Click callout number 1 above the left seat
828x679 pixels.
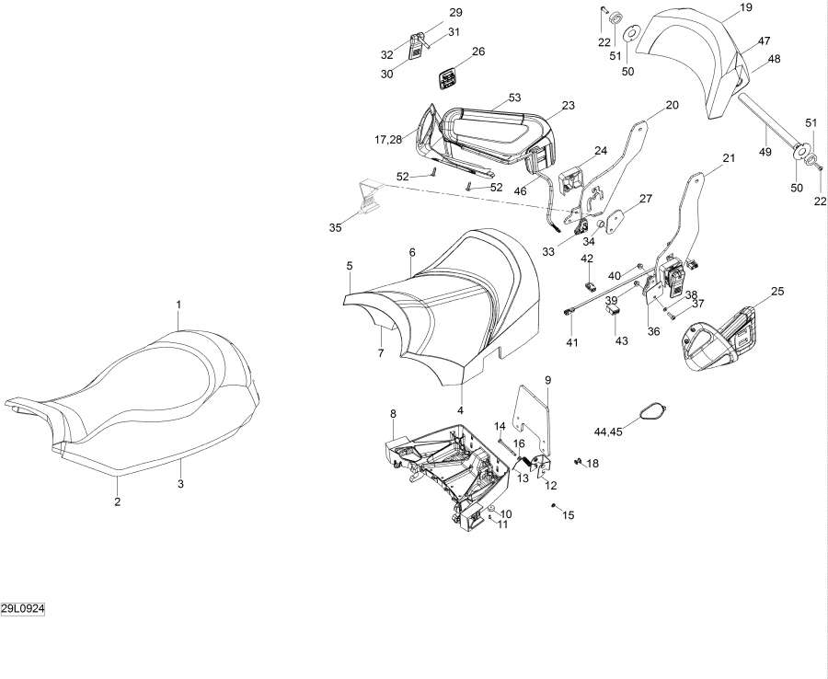click(178, 304)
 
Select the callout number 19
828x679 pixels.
click(745, 7)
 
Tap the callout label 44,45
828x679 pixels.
click(609, 430)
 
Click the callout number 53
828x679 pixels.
click(514, 98)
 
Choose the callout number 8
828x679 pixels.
click(393, 413)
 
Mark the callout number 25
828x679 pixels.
click(777, 292)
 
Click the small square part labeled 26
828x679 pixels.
click(448, 80)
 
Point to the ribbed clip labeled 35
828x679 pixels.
click(370, 196)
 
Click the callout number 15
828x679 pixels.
click(568, 515)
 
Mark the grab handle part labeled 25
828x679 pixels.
click(722, 336)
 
